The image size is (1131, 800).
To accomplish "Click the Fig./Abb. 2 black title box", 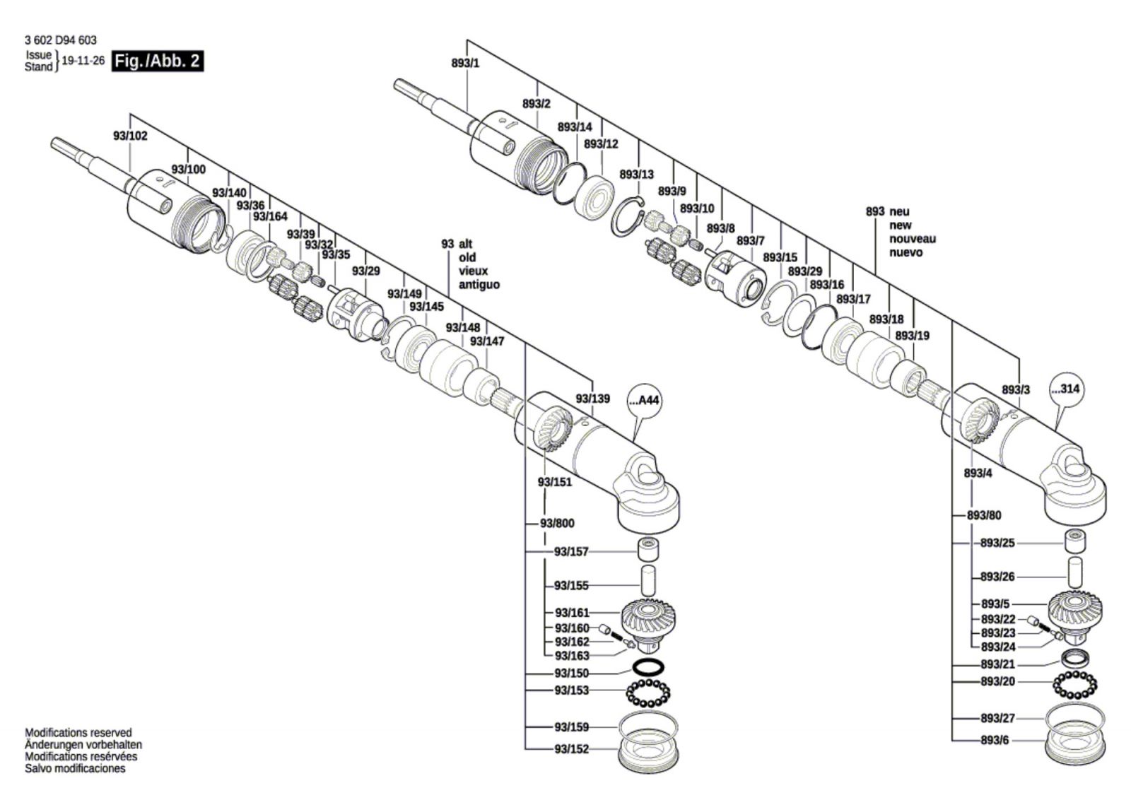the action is (x=158, y=61).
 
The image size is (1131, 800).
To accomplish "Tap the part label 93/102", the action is (x=130, y=136).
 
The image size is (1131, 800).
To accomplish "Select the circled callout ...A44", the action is (x=644, y=401).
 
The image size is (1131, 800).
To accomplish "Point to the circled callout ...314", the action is (x=1067, y=389).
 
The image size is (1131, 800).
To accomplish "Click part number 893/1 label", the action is (x=466, y=63).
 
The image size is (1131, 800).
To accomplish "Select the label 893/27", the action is (x=997, y=718).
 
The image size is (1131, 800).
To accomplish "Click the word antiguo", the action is (x=479, y=285).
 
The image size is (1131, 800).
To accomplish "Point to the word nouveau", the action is (x=913, y=239).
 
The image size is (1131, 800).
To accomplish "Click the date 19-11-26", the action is (x=83, y=61).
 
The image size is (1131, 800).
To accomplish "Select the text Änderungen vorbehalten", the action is (x=83, y=744).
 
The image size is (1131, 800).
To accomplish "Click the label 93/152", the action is (x=572, y=749).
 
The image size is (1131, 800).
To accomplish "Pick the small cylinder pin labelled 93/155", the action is (x=648, y=582).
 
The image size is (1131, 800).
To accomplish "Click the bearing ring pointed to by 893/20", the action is (x=1075, y=685).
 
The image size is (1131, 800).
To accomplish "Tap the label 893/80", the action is (x=984, y=515).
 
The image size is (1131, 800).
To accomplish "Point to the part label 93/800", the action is (x=558, y=524).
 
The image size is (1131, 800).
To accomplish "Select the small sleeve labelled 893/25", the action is (x=1075, y=541).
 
